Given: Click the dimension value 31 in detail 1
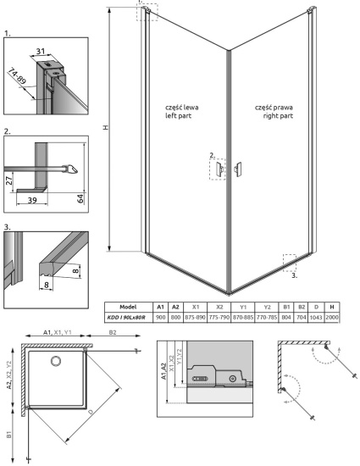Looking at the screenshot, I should [x=42, y=53].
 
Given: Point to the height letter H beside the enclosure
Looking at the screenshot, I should [x=106, y=129].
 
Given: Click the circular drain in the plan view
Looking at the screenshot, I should [x=57, y=361].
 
